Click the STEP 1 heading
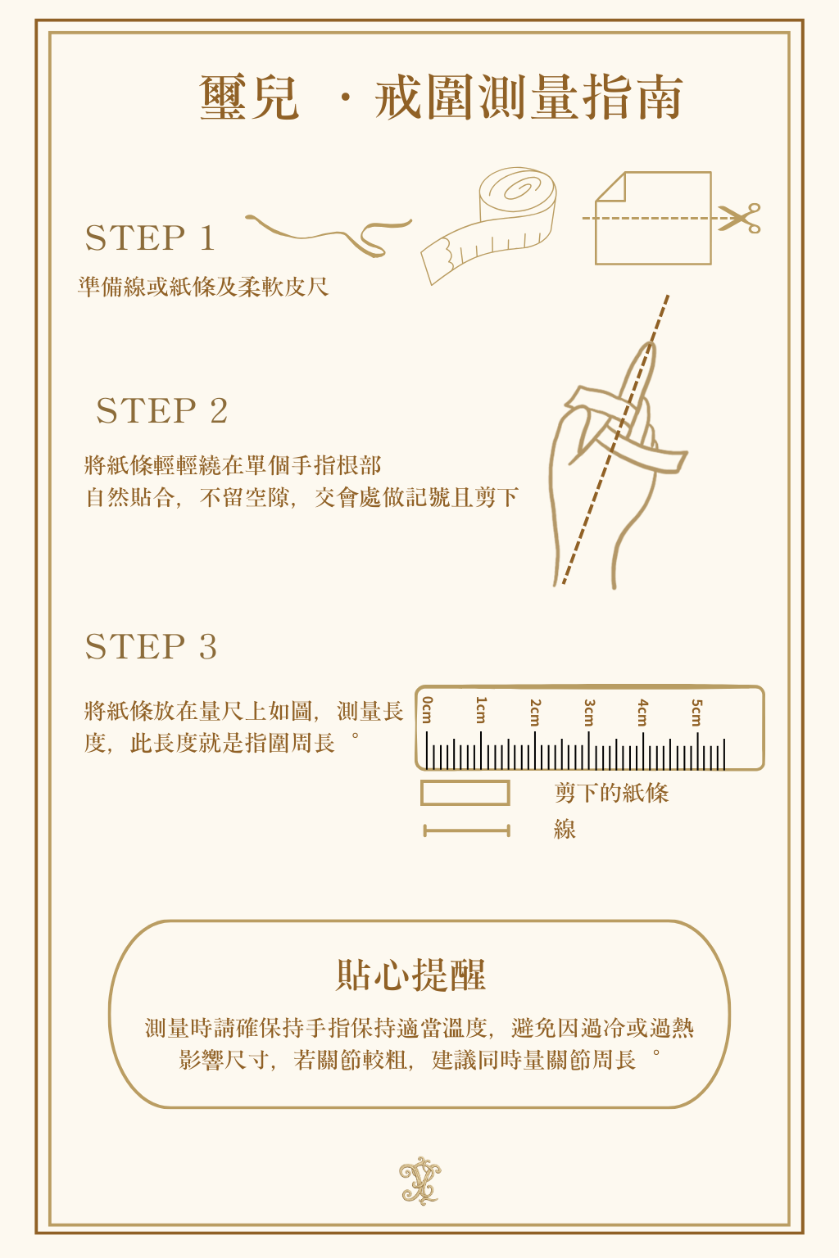(x=150, y=238)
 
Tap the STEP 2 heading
(x=162, y=410)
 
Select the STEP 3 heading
(x=151, y=646)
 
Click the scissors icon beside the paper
(x=740, y=218)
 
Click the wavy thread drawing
(x=329, y=234)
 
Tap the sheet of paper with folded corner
(x=653, y=218)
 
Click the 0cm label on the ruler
(x=428, y=710)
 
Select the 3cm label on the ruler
(x=588, y=712)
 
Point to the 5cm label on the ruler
(x=696, y=712)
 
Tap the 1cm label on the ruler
(x=481, y=710)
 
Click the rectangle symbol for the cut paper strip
(x=465, y=793)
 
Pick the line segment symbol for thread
(x=466, y=830)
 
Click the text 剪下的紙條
(x=611, y=793)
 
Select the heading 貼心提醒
(x=410, y=975)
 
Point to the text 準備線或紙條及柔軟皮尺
(x=203, y=287)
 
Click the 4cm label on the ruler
(x=643, y=712)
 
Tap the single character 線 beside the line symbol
(x=565, y=830)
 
